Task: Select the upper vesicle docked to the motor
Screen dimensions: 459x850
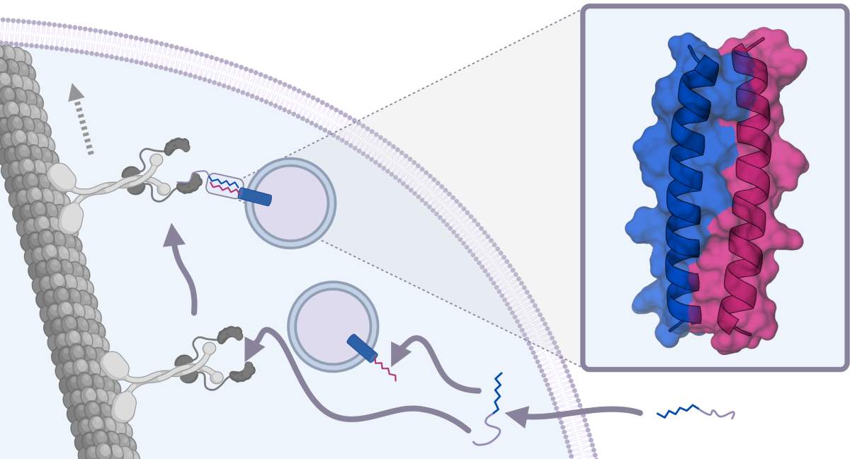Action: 290,203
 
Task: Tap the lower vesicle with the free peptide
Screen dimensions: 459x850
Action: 333,326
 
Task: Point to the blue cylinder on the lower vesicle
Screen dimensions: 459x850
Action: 362,348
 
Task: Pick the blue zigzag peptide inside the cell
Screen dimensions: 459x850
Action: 497,393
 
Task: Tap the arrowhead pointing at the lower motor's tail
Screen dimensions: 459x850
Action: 253,348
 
